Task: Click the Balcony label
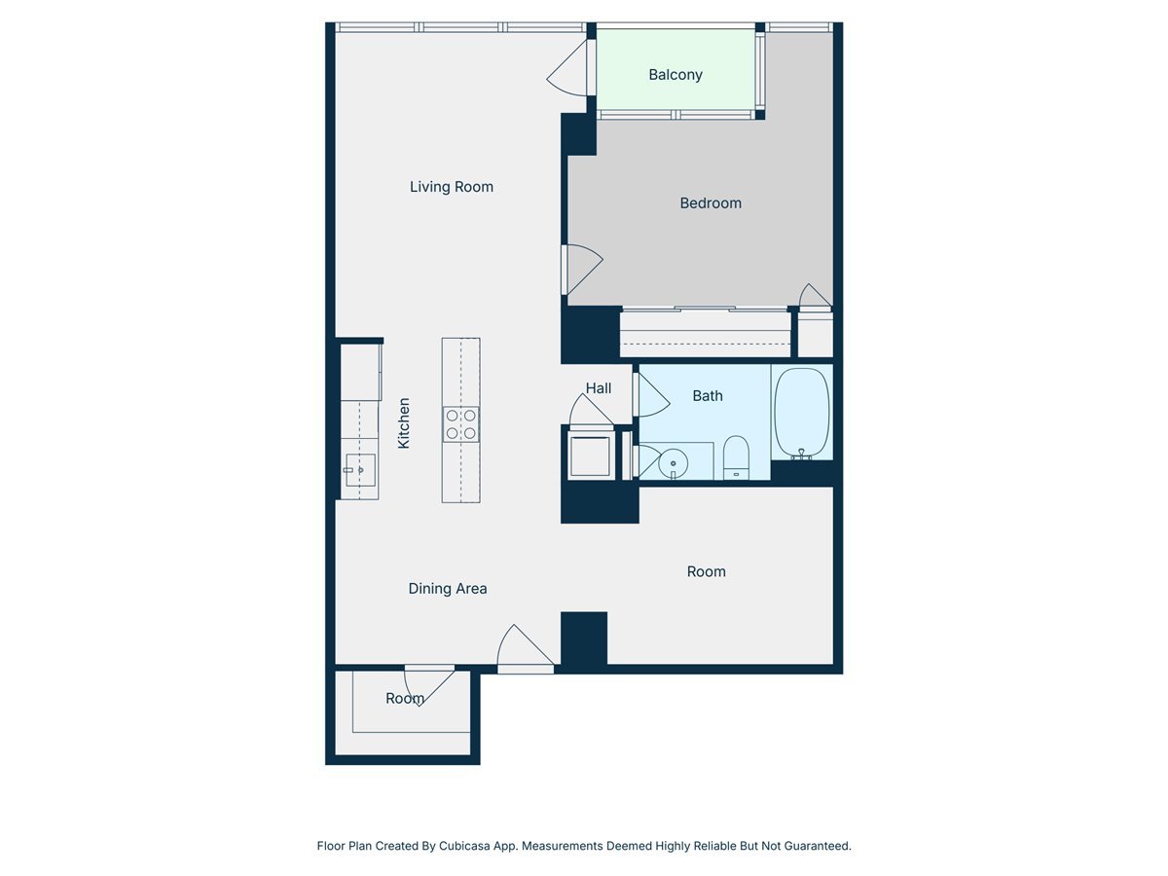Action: tap(675, 75)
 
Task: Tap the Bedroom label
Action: tap(711, 203)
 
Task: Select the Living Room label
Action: tap(452, 187)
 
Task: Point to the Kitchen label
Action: tap(404, 422)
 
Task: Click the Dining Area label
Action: tap(448, 589)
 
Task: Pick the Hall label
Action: tap(599, 388)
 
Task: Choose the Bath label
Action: tap(708, 396)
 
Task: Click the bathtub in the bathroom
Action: tap(802, 413)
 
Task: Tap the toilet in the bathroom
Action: tap(736, 457)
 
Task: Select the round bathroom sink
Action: tap(673, 464)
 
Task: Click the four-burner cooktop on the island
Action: tap(461, 424)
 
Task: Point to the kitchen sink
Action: tap(359, 470)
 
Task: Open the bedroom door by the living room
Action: tap(582, 268)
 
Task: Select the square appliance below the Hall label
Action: tap(590, 456)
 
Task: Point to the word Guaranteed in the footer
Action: tap(815, 846)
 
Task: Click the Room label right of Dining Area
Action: tap(707, 571)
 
